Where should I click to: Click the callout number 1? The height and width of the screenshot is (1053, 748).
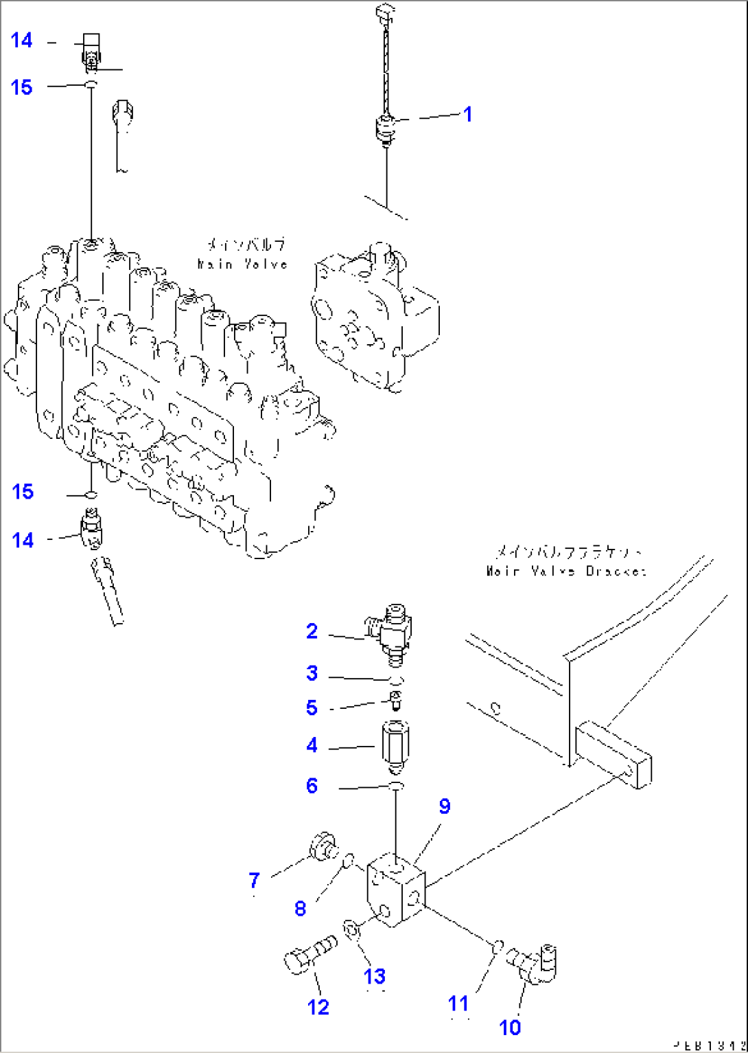click(x=468, y=114)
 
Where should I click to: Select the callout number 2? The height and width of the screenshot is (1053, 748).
click(x=312, y=631)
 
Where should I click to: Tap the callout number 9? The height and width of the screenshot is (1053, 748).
click(x=445, y=806)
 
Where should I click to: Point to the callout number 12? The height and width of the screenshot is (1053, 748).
click(x=318, y=1007)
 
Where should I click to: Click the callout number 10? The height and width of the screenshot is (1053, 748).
click(x=510, y=1028)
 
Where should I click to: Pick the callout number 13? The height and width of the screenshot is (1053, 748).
click(x=375, y=976)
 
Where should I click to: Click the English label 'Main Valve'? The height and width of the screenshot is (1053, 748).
click(x=242, y=264)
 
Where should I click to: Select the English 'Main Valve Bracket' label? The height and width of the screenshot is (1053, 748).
click(x=566, y=571)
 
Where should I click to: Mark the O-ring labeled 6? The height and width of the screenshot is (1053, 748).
click(x=397, y=785)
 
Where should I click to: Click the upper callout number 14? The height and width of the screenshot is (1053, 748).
click(x=22, y=41)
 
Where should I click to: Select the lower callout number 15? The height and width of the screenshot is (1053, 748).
click(x=23, y=492)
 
